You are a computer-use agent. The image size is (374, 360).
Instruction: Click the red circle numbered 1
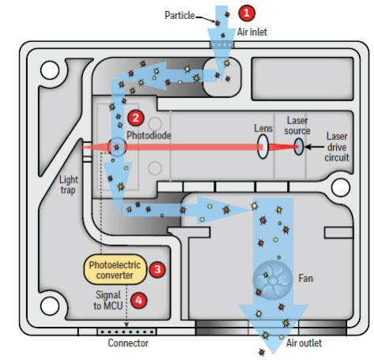[247, 13]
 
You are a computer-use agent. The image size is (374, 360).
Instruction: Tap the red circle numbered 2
[136, 118]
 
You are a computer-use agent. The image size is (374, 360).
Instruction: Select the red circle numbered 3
[157, 269]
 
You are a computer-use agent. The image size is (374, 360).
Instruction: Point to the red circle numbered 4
[138, 301]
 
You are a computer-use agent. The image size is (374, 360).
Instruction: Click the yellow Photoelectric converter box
[115, 270]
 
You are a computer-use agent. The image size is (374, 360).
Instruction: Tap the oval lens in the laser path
[263, 146]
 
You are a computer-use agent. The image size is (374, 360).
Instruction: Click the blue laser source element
[299, 146]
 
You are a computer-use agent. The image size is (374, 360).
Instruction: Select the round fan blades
[272, 280]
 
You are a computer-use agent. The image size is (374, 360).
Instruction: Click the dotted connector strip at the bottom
[127, 332]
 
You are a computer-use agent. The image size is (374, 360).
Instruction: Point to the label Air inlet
[252, 32]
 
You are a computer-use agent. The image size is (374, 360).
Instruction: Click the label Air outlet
[304, 343]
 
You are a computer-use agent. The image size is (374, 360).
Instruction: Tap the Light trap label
[69, 185]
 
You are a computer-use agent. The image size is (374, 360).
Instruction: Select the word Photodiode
[149, 135]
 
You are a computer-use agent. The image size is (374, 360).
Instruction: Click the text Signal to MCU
[108, 301]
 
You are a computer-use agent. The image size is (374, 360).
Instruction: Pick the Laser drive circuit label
[337, 147]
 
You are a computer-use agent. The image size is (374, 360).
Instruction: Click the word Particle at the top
[179, 15]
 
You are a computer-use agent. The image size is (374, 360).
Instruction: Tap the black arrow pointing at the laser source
[315, 146]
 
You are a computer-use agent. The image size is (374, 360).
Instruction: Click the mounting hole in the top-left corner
[50, 70]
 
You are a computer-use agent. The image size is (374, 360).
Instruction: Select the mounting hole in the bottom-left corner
[50, 306]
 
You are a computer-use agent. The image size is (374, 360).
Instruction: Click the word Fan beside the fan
[306, 279]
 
